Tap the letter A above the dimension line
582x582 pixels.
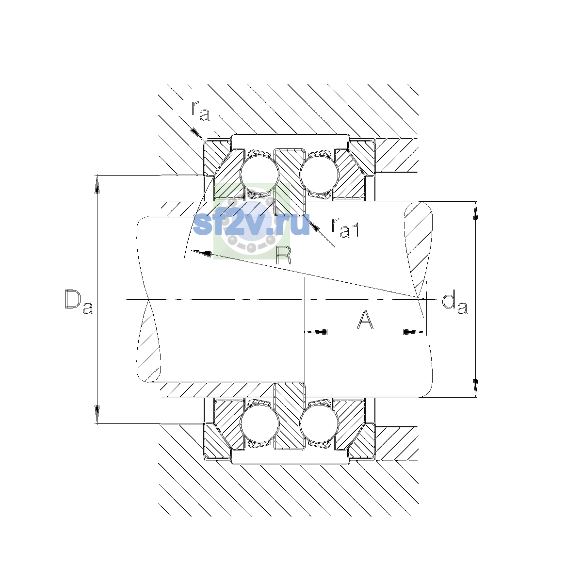pos(365,320)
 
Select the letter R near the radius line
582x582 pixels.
pos(284,256)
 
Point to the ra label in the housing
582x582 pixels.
pos(200,112)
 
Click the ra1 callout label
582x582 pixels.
pos(345,228)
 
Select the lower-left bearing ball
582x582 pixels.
pos(259,423)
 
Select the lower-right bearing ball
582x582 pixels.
pos(319,423)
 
